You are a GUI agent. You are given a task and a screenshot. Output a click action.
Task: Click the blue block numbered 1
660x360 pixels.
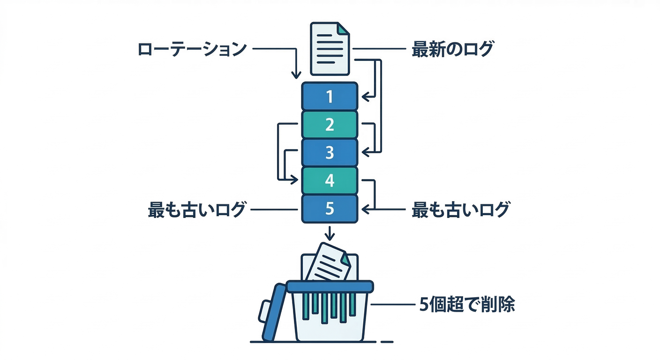[330, 97]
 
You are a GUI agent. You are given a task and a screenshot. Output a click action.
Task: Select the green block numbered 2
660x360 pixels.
[330, 124]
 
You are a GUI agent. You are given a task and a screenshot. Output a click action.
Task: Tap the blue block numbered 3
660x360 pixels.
[330, 152]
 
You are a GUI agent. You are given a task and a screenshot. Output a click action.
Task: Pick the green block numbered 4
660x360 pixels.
[330, 180]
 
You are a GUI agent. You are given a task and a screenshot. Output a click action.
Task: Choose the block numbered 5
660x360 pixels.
[330, 209]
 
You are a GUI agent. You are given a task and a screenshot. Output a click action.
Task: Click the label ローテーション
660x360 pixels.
[192, 49]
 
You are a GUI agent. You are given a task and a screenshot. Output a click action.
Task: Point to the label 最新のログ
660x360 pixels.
[452, 49]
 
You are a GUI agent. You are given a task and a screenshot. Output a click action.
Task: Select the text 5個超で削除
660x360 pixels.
[466, 305]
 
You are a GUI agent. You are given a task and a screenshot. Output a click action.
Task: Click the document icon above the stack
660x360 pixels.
[330, 48]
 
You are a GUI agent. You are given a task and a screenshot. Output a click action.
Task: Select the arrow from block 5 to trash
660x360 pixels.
[330, 233]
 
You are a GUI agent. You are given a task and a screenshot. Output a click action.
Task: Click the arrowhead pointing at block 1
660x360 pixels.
[366, 97]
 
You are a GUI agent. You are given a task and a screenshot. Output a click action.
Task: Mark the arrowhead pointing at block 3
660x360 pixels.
[366, 152]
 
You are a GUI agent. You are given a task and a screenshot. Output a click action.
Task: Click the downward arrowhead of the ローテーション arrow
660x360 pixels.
[296, 74]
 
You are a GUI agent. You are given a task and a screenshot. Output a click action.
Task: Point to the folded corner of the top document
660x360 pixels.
[344, 28]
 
